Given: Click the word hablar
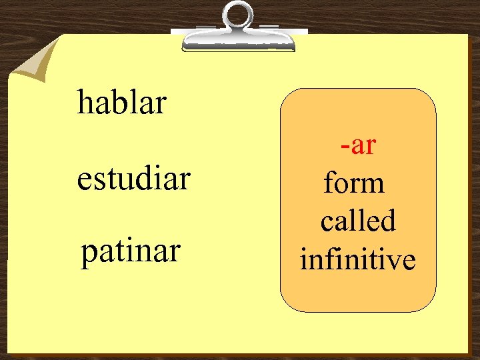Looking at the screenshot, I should (x=121, y=103).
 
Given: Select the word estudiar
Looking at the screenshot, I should (x=133, y=179).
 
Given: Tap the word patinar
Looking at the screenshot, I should (x=131, y=252).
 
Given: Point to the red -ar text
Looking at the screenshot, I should (x=358, y=145).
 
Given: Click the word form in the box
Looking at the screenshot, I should (x=354, y=183).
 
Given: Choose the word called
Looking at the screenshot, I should (x=358, y=221).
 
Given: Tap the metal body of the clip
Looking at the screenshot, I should (x=239, y=39).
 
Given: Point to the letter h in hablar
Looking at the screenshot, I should (x=85, y=103).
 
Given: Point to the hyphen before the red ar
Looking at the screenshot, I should (x=343, y=146).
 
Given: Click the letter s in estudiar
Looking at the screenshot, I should (x=97, y=180).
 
